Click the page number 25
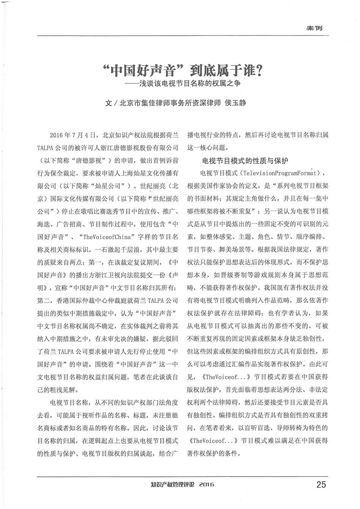point(320,484)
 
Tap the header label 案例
point(315,28)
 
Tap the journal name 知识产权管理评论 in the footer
point(172,484)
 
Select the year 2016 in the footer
point(207,484)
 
